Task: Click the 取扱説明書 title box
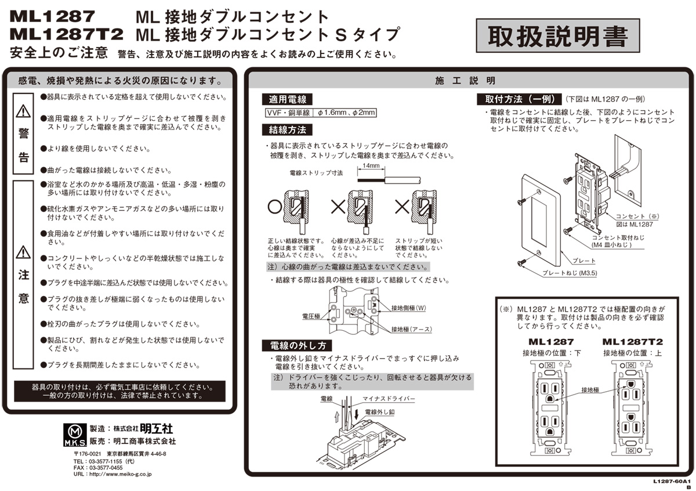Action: (557, 37)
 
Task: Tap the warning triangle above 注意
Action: (23, 252)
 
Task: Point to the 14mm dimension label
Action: (371, 165)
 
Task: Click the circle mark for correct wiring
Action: (275, 206)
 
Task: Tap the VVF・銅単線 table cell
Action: (288, 113)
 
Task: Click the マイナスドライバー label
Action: (389, 399)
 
